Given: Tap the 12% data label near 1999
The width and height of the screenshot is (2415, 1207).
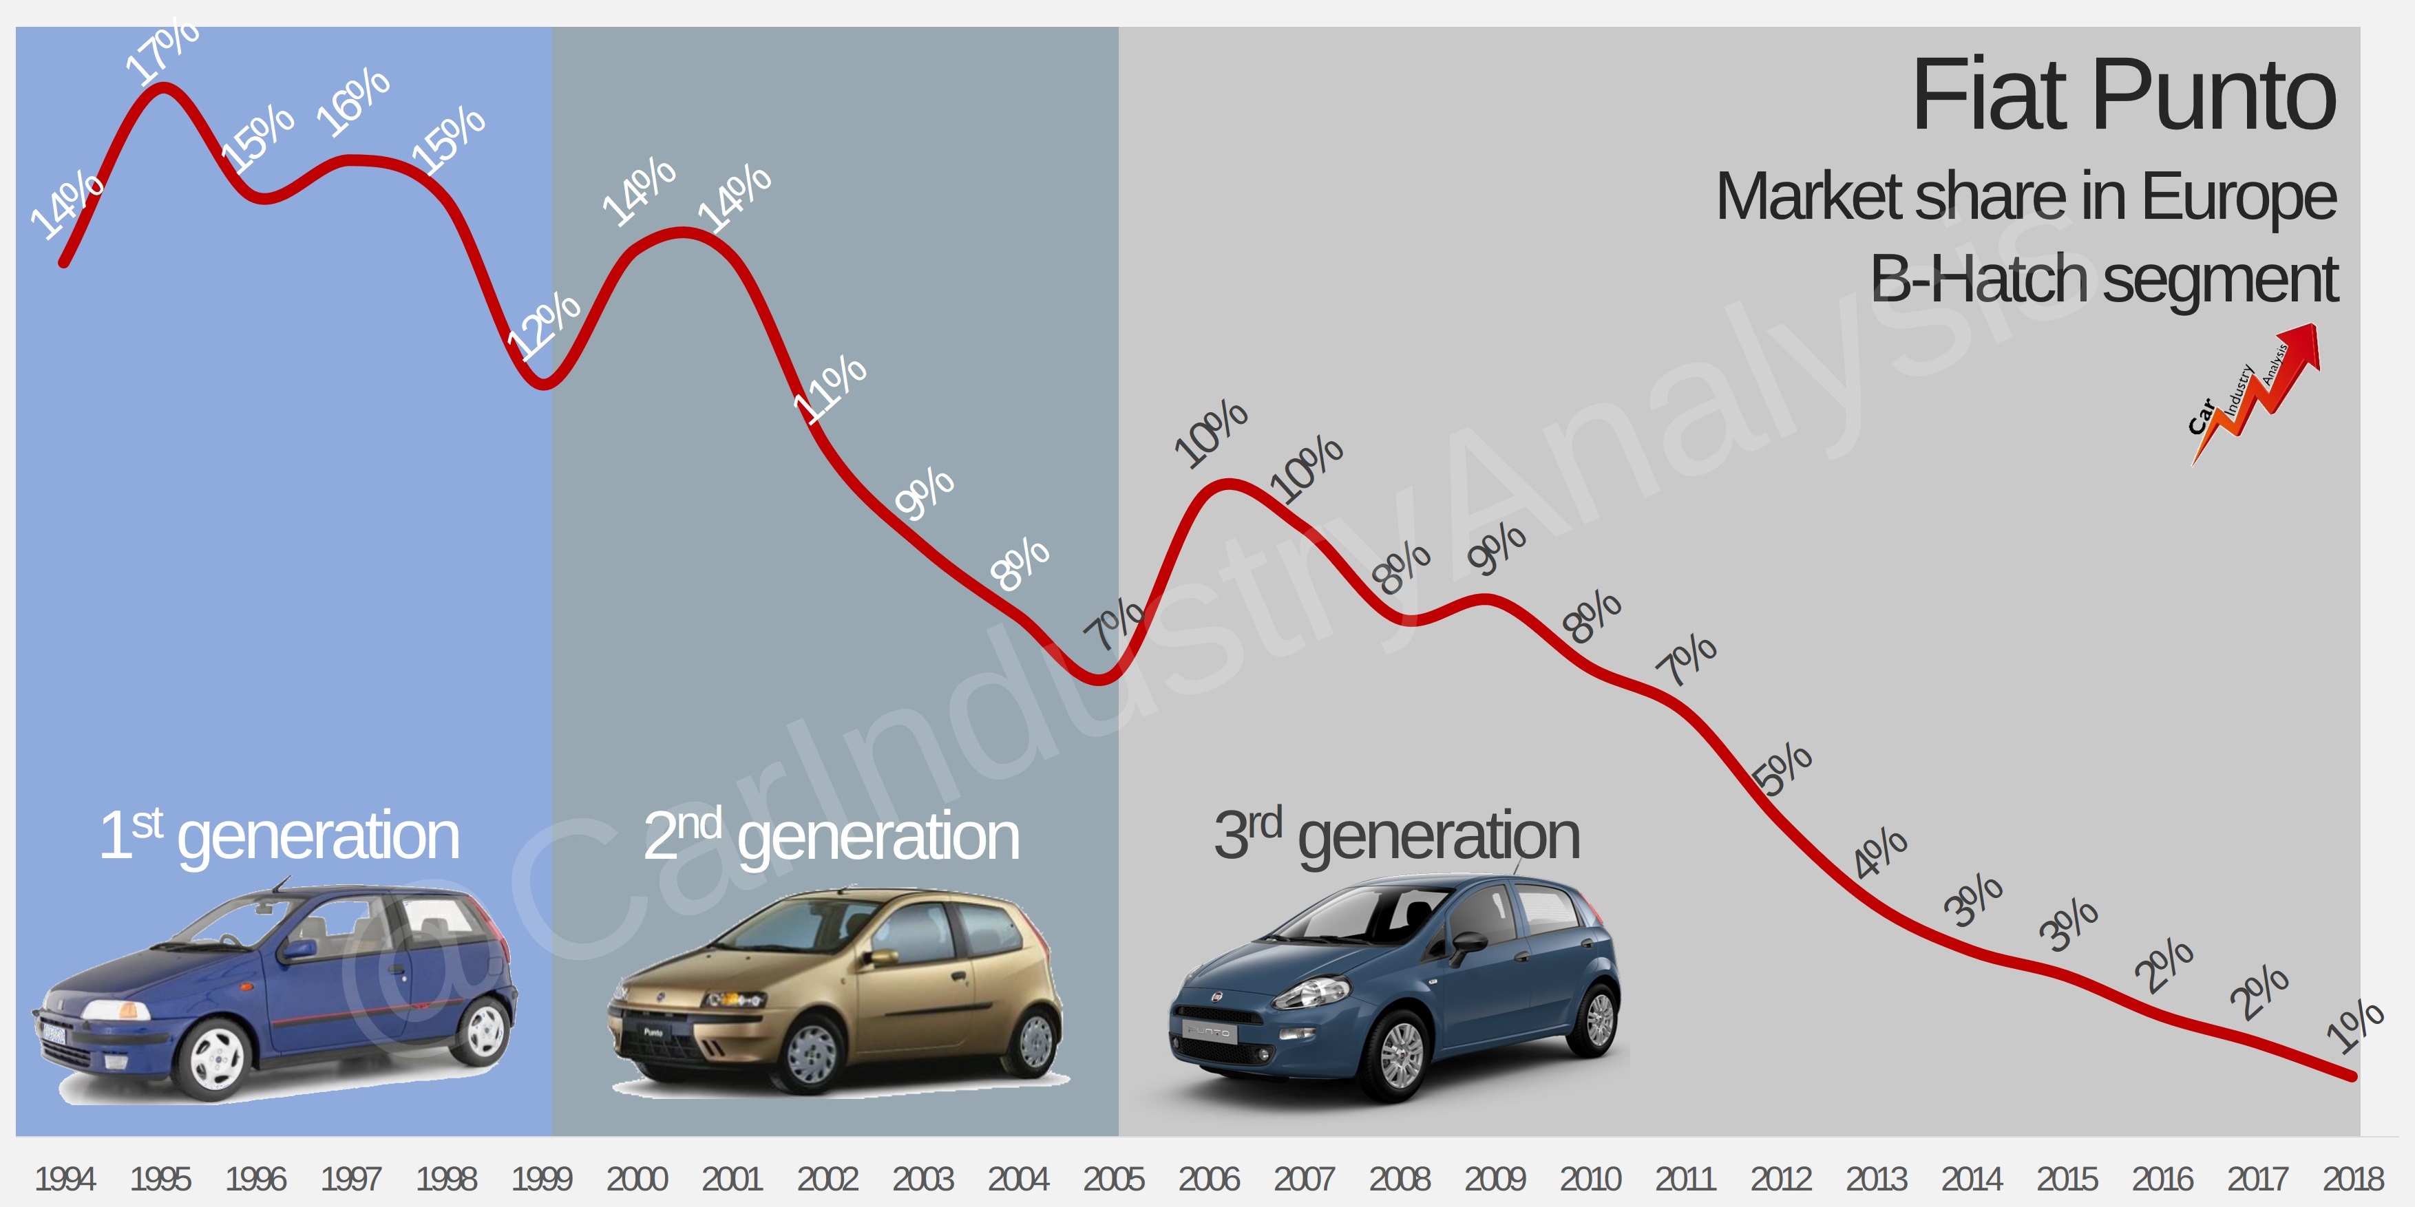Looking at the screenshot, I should click(x=544, y=323).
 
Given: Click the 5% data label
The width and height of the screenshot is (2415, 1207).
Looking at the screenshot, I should click(x=1782, y=769).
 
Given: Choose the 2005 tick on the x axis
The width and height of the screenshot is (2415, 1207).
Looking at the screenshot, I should click(x=1112, y=1178).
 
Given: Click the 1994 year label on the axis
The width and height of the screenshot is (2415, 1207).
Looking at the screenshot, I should click(x=65, y=1178).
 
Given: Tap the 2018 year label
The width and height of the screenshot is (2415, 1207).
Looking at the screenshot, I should click(x=2352, y=1178).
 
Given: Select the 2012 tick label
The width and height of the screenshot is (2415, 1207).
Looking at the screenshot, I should click(x=1780, y=1178).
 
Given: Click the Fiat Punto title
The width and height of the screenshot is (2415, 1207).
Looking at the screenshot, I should click(x=2122, y=96).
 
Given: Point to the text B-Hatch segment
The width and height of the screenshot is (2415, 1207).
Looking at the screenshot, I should click(x=2104, y=279).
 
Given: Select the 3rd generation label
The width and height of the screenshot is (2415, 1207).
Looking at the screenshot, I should click(x=1396, y=834).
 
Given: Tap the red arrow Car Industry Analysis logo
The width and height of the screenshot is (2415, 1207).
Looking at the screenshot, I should click(x=2254, y=394).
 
